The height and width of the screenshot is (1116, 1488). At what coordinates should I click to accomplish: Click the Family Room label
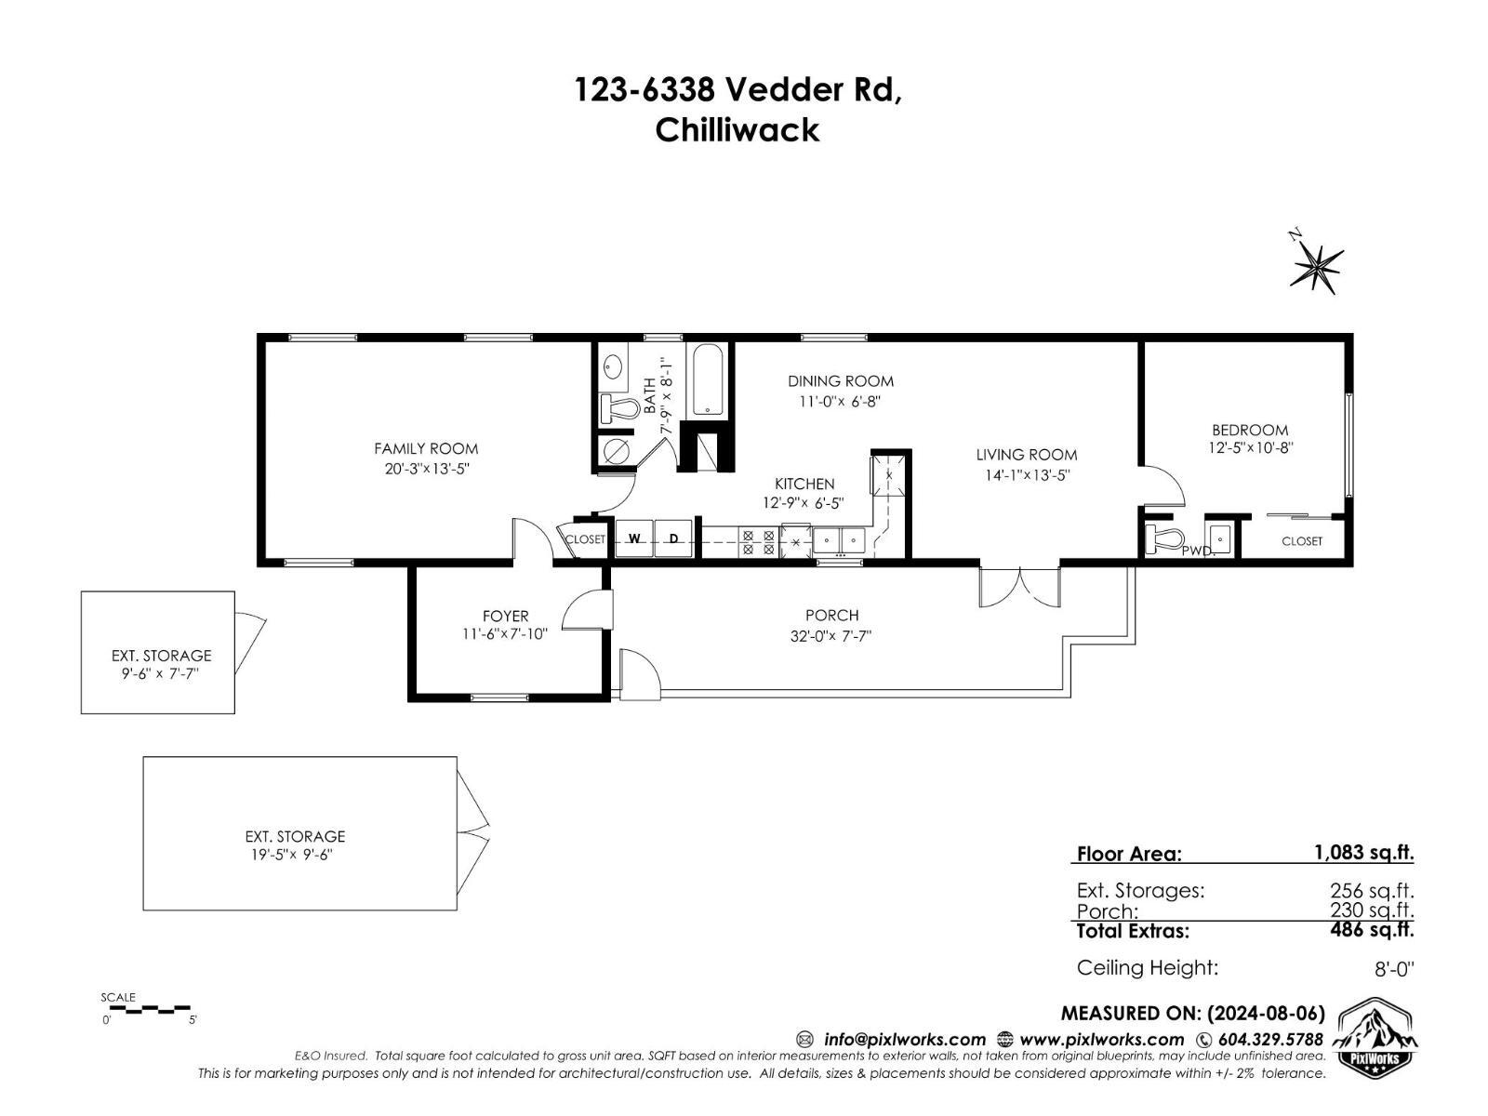coord(426,449)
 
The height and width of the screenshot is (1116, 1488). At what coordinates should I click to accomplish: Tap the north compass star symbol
coord(1317,266)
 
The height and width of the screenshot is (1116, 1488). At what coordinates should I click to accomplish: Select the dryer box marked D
coord(674,538)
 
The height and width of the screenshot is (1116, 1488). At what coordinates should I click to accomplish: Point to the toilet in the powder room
coord(1162,538)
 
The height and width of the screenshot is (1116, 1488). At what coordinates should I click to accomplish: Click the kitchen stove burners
coord(757,542)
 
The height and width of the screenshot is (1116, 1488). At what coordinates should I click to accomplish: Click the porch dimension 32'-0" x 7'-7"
coord(831,636)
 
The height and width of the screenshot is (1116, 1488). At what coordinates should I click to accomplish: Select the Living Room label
coord(1026,455)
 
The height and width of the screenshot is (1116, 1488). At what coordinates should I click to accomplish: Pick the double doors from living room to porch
coord(1019,586)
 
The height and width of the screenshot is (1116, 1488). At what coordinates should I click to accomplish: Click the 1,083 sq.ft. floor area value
coord(1363,852)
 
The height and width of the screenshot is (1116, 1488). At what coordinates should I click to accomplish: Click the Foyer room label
coord(505,616)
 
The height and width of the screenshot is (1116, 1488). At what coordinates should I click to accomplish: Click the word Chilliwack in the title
coord(737,130)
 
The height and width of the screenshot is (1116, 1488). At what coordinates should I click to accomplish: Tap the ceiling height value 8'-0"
coord(1393,969)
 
